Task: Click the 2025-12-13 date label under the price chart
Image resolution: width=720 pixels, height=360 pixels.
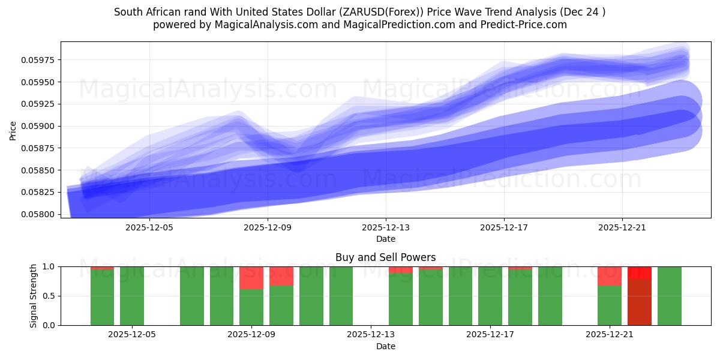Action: point(385,227)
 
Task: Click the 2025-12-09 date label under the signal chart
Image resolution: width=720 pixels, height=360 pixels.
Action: point(251,335)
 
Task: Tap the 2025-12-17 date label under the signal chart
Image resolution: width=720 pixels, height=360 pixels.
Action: point(490,335)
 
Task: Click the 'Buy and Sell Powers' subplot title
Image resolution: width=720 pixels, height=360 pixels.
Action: point(385,257)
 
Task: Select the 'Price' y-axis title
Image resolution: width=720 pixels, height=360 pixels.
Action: point(13,130)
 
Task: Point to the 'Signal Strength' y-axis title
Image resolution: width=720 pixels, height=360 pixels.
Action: point(34,296)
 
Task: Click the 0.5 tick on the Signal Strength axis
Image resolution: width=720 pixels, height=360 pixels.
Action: point(49,296)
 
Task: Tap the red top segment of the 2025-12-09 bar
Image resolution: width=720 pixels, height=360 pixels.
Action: point(251,278)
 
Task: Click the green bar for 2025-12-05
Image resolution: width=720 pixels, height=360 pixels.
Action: point(132,296)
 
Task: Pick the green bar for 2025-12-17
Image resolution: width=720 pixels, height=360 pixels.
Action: point(490,296)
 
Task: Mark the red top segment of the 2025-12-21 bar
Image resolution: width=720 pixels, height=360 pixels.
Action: point(610,276)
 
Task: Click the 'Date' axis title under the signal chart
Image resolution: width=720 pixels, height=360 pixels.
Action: point(385,346)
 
